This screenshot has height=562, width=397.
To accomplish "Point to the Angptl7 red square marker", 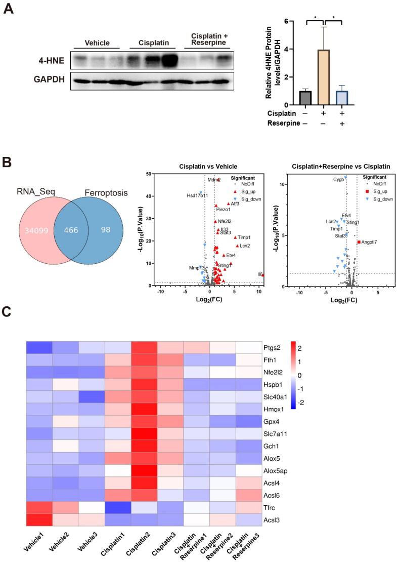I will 359,242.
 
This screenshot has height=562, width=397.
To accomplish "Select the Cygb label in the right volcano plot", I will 338,179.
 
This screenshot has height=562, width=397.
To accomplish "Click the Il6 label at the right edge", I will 259,274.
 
